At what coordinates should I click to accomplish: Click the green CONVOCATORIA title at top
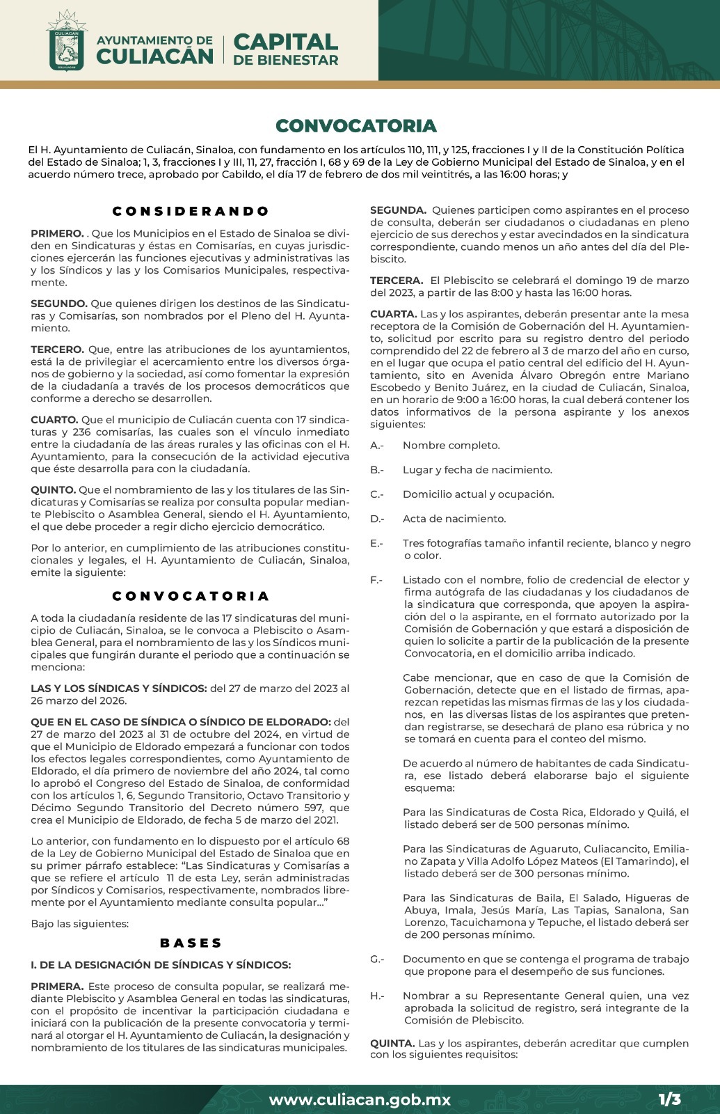(x=356, y=126)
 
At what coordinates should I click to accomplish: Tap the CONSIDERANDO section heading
(x=191, y=211)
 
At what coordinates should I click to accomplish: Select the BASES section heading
(x=191, y=943)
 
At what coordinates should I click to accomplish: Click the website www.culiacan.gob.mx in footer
(x=360, y=1100)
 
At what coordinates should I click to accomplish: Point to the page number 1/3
(x=670, y=1099)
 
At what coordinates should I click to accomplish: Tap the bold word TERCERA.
(x=396, y=281)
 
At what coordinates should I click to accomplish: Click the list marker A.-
(x=377, y=446)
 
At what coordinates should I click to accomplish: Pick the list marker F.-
(x=376, y=580)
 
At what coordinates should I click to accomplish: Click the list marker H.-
(x=377, y=996)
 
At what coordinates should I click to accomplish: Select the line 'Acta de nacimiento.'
(x=454, y=519)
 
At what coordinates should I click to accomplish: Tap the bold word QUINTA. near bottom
(x=392, y=1043)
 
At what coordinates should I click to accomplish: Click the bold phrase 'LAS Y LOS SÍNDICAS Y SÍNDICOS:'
(x=119, y=689)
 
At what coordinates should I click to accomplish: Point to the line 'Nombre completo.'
(x=451, y=446)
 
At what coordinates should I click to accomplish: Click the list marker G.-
(x=377, y=959)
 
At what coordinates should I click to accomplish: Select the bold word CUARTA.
(x=393, y=314)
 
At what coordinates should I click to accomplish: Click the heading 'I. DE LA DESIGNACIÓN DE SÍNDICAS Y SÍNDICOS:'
(x=161, y=965)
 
